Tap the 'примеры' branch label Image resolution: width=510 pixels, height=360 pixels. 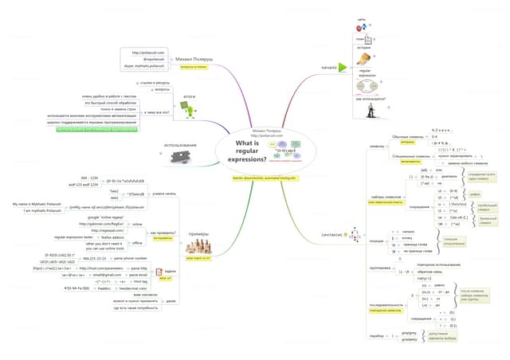tap(198, 212)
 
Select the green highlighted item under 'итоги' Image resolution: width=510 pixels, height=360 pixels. tap(118, 128)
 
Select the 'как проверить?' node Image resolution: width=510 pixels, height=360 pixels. tap(169, 208)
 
